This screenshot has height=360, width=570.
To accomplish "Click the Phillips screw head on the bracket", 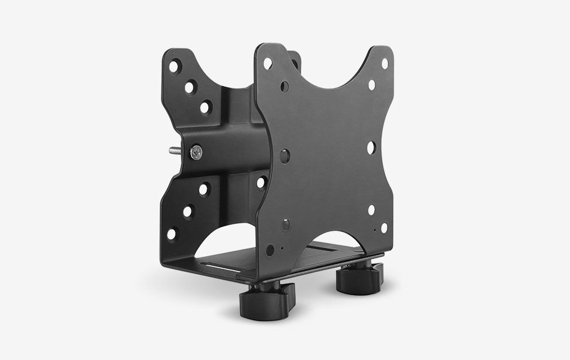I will (x=197, y=152).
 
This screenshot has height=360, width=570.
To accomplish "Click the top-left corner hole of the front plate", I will (x=267, y=62).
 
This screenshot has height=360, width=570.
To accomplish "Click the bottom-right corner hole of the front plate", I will (x=384, y=227).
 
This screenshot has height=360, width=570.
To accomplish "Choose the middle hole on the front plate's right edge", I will (x=370, y=146).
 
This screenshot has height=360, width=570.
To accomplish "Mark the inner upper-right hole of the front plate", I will (x=371, y=85).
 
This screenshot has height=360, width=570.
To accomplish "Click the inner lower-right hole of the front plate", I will (x=371, y=209).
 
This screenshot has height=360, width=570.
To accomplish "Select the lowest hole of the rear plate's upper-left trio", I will (x=205, y=108).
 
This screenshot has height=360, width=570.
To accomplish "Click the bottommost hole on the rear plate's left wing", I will (x=172, y=233).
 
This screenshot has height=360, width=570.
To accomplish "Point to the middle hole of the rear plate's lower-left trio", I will (x=187, y=211).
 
